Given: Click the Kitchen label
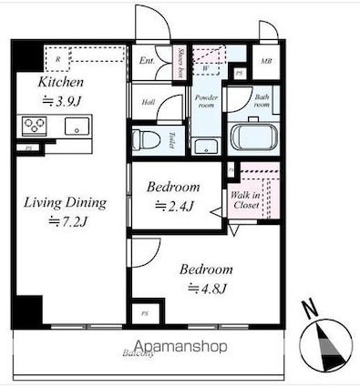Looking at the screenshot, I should click(57, 83).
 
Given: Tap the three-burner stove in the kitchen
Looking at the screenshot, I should click(34, 126).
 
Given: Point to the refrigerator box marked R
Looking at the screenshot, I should click(57, 60).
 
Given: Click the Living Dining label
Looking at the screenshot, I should click(66, 202).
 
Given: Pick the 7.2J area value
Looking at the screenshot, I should click(69, 221).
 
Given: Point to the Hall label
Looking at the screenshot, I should click(148, 102).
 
